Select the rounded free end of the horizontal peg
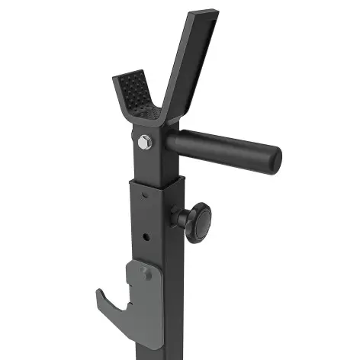tap(272, 157)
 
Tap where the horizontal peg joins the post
tap(172, 143)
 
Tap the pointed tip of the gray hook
tap(99, 291)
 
